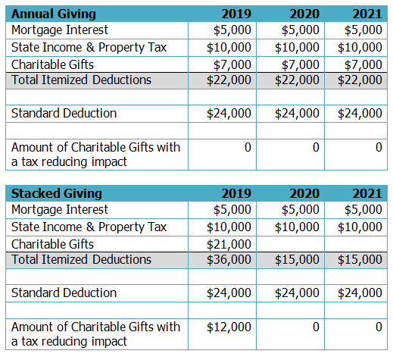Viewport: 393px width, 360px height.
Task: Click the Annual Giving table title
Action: (54, 14)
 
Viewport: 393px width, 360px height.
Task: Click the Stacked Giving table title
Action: (57, 193)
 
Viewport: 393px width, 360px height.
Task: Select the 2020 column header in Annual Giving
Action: (304, 14)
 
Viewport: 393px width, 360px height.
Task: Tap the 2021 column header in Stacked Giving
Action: (367, 193)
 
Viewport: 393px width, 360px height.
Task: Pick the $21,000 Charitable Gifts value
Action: (229, 244)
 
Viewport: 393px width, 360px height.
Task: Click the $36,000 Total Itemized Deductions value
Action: (229, 260)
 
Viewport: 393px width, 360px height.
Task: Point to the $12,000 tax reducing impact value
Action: (229, 327)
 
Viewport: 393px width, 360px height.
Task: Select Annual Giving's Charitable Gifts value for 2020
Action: (301, 64)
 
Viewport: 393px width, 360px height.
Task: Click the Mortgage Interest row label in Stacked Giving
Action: (60, 210)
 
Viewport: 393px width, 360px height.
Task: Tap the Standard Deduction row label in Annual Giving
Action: (64, 113)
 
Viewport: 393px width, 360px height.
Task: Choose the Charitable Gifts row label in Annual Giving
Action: (52, 64)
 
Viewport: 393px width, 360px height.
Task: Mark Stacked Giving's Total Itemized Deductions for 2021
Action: (360, 260)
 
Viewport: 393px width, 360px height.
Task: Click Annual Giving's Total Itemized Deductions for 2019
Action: (229, 80)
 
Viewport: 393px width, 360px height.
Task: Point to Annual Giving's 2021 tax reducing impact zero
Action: (379, 147)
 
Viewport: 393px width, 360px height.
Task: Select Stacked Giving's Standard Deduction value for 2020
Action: (297, 293)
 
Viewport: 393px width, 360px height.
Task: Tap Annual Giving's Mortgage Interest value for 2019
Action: (232, 30)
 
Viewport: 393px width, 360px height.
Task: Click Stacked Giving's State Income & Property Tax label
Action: (89, 227)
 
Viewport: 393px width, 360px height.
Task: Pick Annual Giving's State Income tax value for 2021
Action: (360, 48)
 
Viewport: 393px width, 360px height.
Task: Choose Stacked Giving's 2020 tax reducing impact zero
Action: (316, 327)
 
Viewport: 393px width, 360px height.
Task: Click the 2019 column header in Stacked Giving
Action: (236, 193)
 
